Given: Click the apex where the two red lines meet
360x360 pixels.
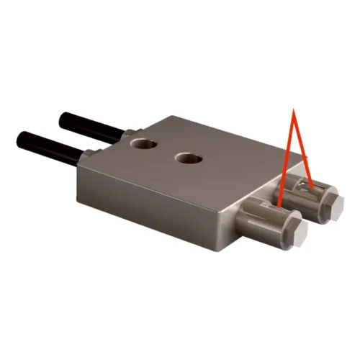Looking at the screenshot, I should pyautogui.click(x=293, y=109).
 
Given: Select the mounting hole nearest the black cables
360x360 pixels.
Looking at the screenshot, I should pyautogui.click(x=145, y=144).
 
